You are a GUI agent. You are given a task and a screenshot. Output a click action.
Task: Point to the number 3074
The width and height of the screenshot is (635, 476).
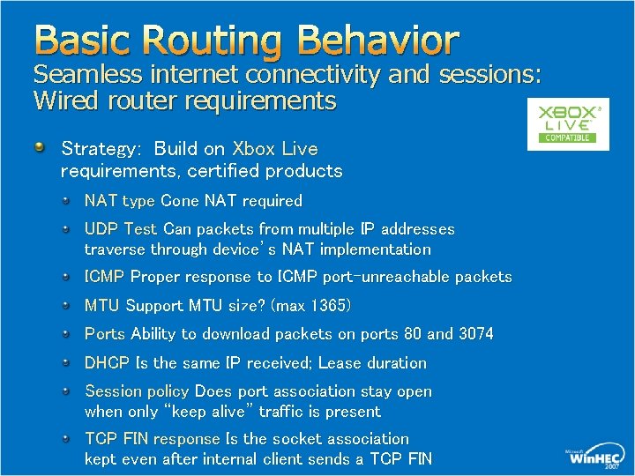point(474,334)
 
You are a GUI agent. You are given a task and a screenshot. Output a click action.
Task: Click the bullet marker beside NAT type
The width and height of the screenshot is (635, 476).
point(68,200)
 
